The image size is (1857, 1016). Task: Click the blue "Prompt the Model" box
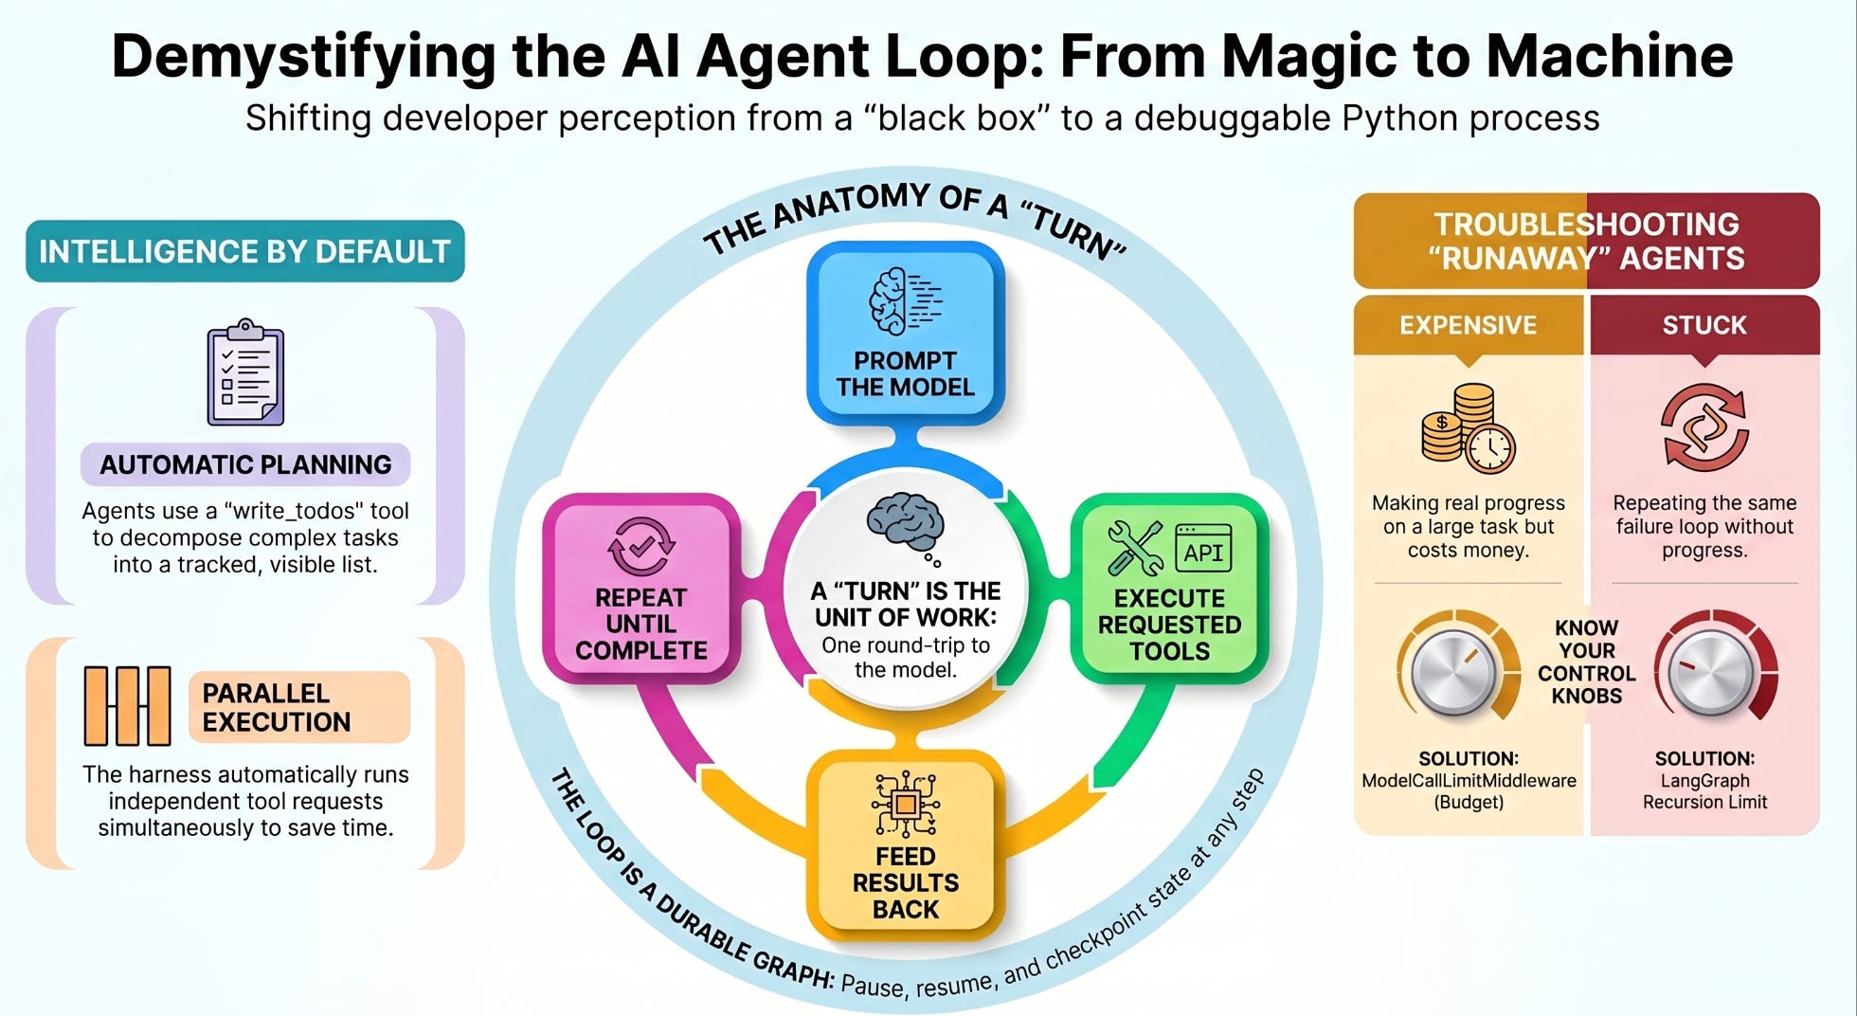point(905,333)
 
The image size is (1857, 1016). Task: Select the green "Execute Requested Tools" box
point(1169,589)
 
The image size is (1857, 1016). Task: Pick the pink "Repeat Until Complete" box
point(641,589)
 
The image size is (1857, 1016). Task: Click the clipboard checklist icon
point(245,372)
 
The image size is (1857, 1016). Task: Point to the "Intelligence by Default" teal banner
point(245,251)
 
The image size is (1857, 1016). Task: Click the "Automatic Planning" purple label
point(245,464)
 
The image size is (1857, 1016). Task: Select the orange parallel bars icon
point(127,706)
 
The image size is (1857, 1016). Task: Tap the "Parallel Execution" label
point(299,707)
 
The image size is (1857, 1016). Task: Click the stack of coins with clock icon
point(1468,428)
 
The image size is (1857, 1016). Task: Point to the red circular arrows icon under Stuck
point(1704,427)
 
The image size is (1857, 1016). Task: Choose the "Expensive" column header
point(1469,325)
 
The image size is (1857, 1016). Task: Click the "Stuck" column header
point(1704,325)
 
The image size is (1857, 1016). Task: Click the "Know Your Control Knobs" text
point(1587,662)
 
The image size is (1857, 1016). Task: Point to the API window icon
point(1203,549)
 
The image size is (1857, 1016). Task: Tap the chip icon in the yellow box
point(906,805)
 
